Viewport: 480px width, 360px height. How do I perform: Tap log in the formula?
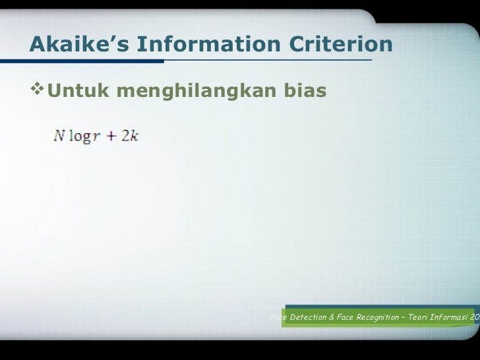coord(78,138)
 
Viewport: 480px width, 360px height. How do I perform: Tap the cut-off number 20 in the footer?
coord(475,317)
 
